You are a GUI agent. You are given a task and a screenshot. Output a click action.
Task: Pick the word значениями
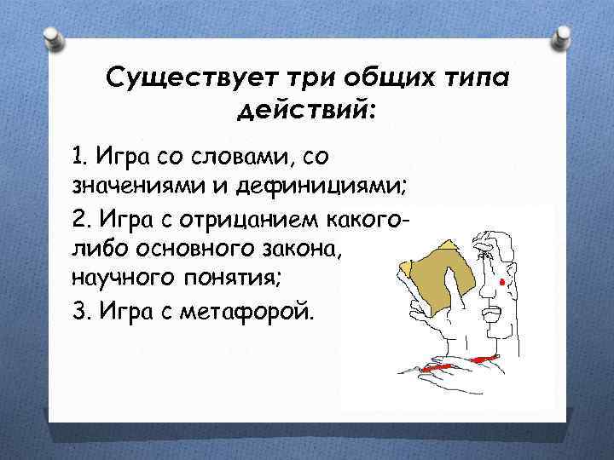[x=135, y=183]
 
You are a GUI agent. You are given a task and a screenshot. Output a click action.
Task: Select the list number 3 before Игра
[x=78, y=311]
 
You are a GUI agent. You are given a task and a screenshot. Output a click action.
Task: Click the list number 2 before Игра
[x=78, y=221]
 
